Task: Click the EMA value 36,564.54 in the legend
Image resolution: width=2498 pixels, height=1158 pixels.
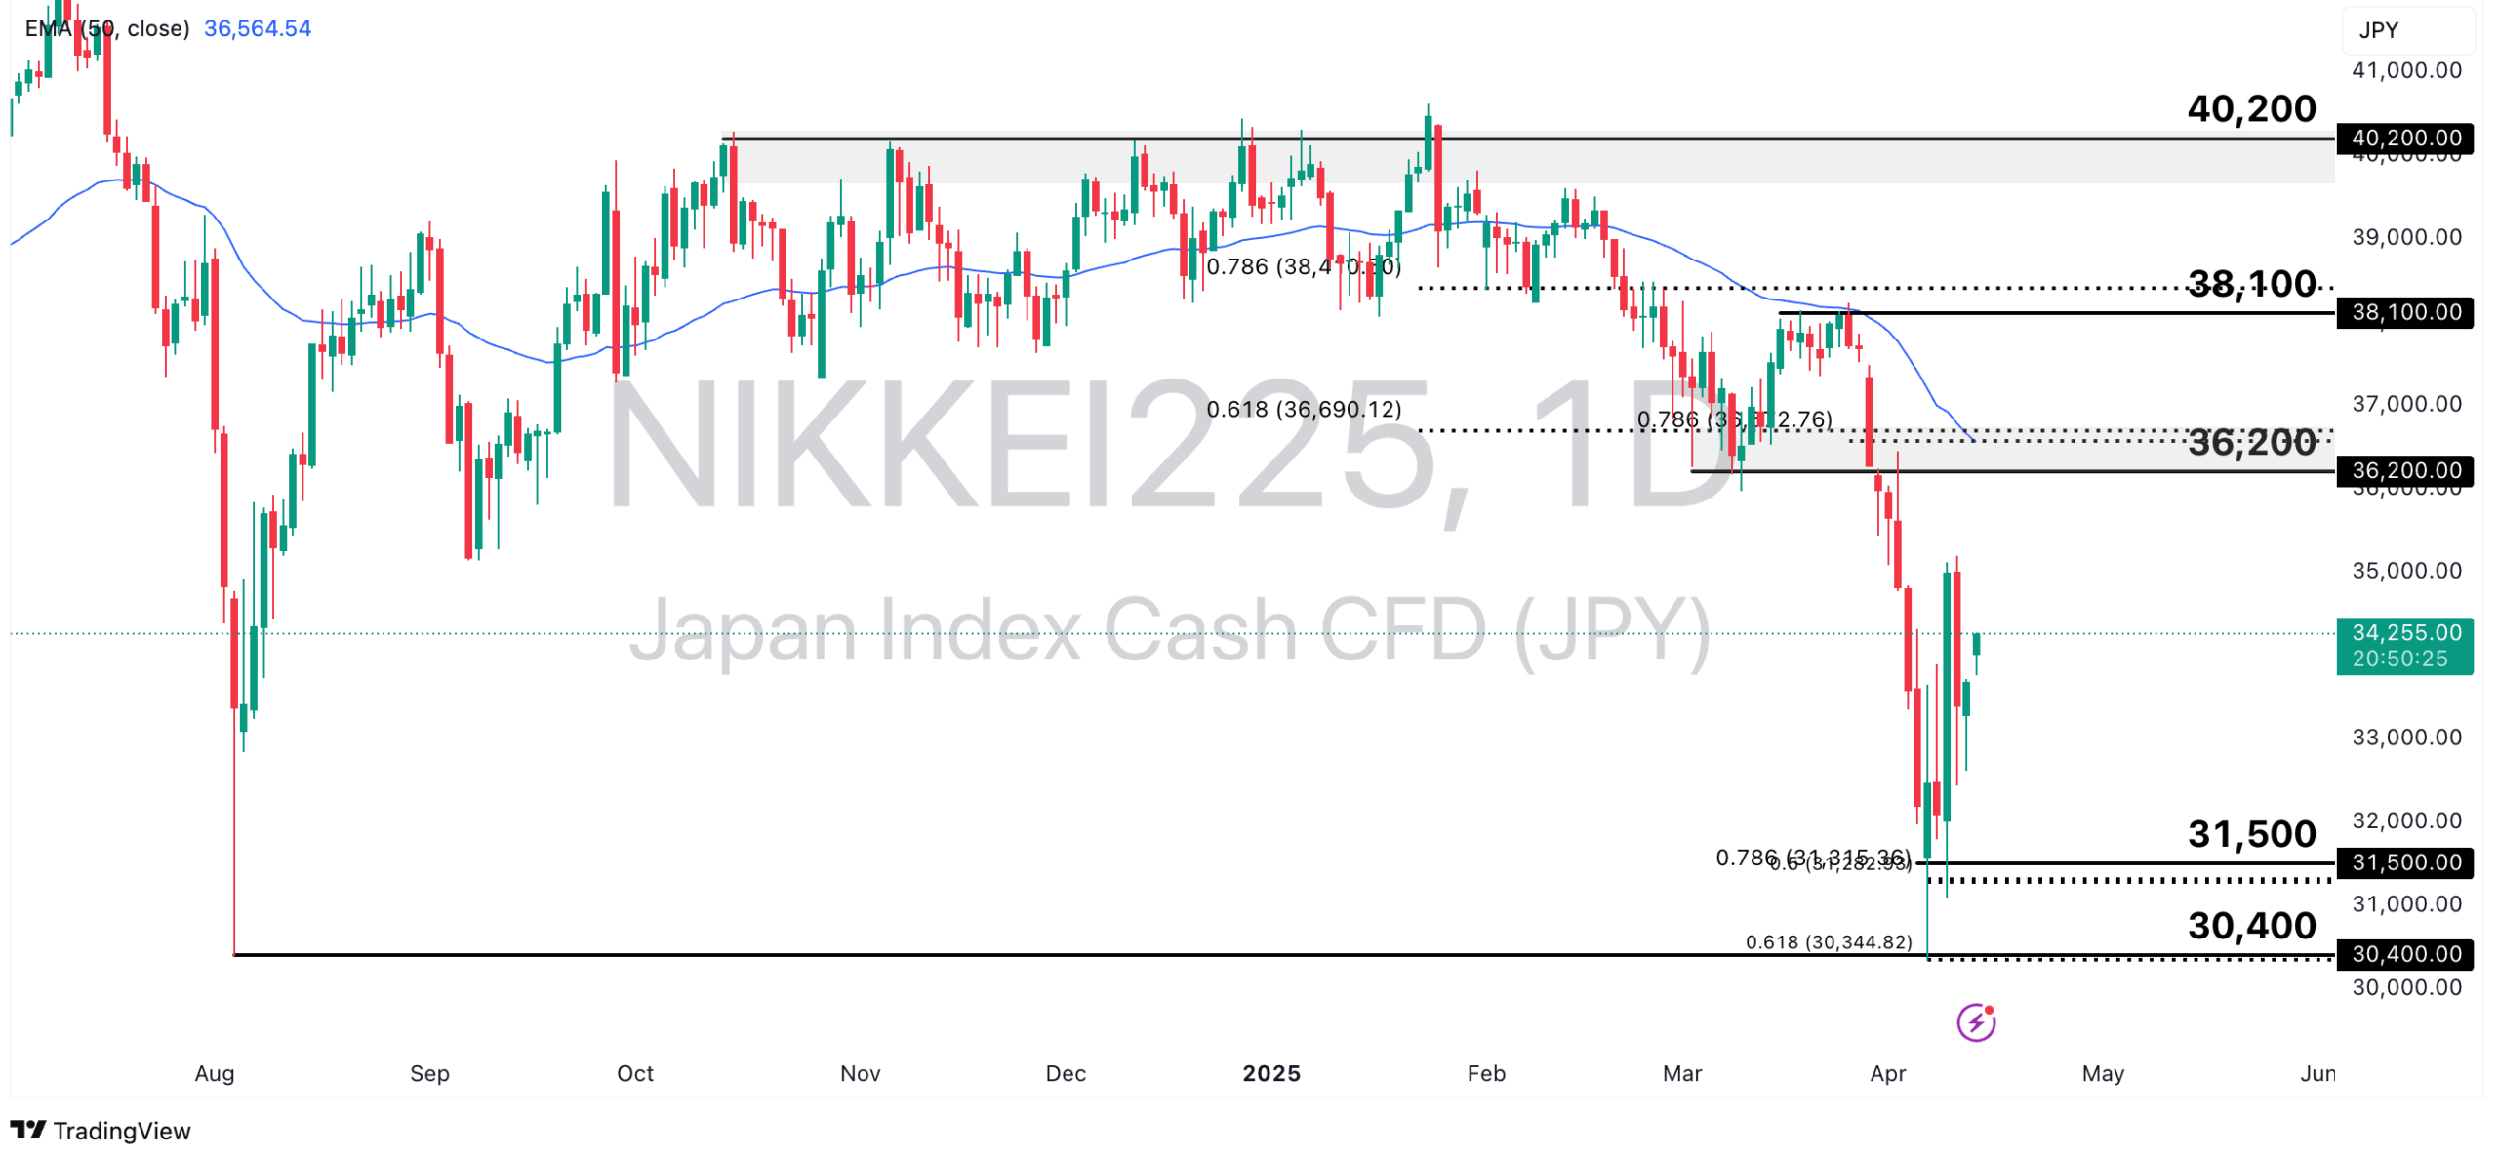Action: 258,28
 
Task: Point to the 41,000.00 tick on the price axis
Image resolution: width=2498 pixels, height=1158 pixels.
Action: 2405,70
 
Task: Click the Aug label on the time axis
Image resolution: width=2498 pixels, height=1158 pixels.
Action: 215,1073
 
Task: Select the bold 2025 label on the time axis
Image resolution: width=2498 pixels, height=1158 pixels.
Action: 1270,1073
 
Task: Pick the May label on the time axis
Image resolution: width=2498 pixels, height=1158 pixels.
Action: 2102,1073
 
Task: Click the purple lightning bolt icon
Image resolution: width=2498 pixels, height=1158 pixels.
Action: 1975,1022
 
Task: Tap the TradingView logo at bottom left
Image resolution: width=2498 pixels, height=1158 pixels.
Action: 101,1131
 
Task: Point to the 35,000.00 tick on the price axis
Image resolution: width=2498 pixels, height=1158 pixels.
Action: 2405,570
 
